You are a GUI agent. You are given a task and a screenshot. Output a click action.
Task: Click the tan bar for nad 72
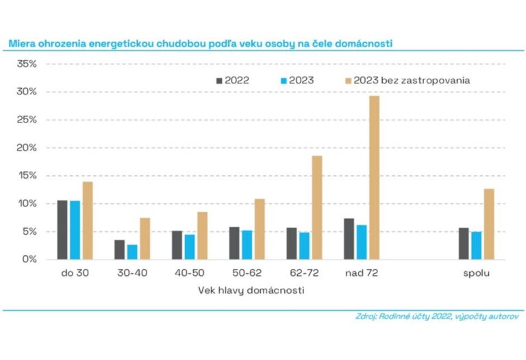coord(374,178)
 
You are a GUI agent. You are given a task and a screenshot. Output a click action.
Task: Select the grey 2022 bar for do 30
coord(62,230)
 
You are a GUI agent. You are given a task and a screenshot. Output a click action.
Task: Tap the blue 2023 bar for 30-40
coord(131,252)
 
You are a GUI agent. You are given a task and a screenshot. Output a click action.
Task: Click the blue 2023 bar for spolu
coord(476,246)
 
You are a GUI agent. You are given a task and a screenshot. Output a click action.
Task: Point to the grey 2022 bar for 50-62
coord(234,243)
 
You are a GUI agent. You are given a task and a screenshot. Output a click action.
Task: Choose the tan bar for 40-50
coord(202,235)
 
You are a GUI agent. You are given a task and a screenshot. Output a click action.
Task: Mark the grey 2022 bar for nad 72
coord(349,239)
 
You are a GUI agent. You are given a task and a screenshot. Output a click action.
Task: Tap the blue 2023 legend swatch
coord(284,80)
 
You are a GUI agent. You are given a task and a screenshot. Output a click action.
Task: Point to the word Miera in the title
coord(22,44)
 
